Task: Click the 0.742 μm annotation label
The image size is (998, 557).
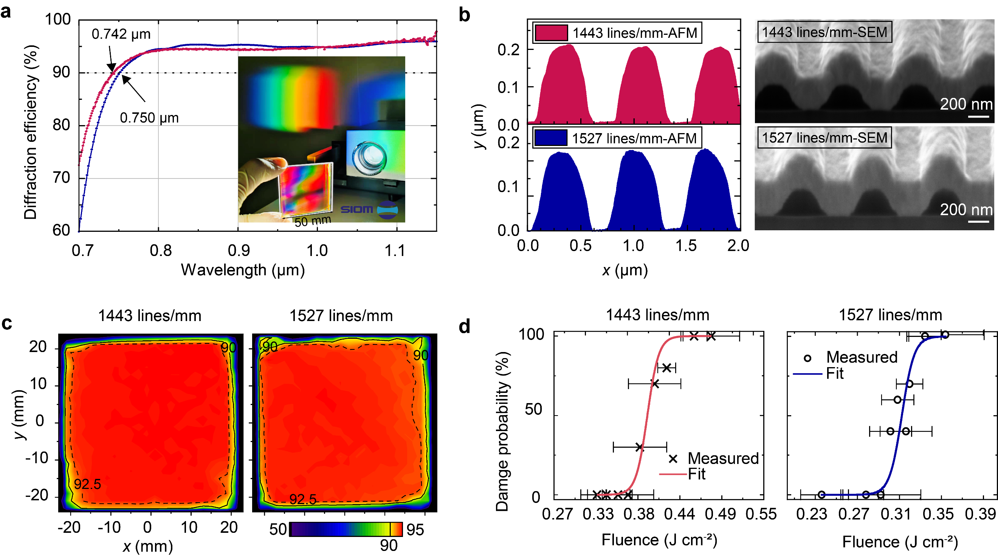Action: [x=121, y=34]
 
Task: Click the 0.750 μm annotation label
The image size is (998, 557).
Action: [x=149, y=118]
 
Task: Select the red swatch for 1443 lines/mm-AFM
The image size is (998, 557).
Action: [x=551, y=33]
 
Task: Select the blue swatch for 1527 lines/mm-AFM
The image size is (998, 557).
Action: [x=551, y=138]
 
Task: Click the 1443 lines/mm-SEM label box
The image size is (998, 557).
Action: [x=824, y=32]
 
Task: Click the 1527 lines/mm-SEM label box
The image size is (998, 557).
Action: [x=824, y=138]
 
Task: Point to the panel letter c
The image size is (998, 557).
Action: [x=6, y=323]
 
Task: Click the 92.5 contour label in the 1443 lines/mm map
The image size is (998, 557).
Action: [x=88, y=484]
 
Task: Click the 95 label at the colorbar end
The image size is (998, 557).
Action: [x=415, y=529]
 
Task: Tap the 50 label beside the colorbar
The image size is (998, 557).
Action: [x=278, y=529]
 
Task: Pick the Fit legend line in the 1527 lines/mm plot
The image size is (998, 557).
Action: [x=807, y=374]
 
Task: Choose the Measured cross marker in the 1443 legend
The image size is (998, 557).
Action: [x=673, y=459]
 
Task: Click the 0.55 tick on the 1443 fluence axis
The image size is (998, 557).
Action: [x=761, y=514]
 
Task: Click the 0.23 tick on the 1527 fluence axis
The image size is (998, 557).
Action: [x=811, y=514]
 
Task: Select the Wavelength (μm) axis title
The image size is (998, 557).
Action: [x=243, y=270]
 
